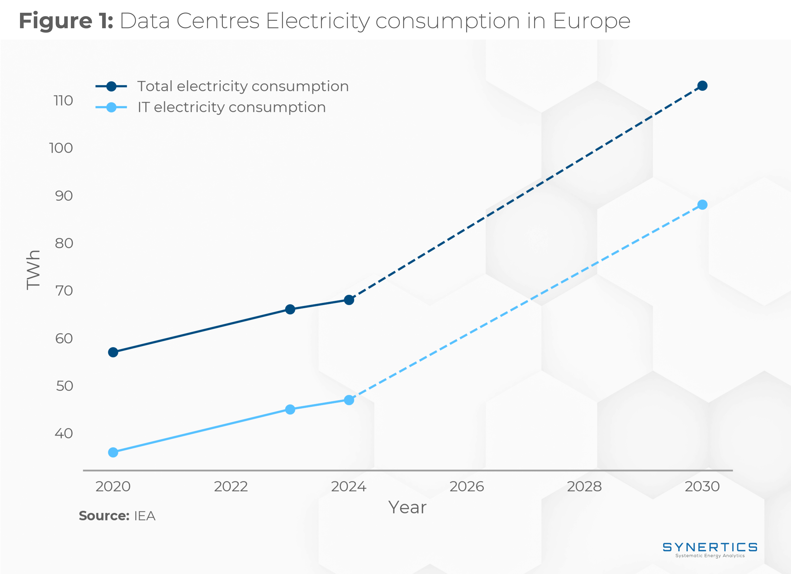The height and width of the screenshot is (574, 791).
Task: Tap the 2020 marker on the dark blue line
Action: coord(113,352)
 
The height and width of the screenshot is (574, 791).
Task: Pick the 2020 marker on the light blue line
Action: coord(113,452)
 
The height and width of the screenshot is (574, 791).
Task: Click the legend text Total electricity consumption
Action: coord(243,86)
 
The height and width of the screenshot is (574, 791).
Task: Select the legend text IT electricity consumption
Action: coord(232,107)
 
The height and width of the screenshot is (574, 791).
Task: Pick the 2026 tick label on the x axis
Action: coord(467,486)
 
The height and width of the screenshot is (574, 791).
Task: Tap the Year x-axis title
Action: coord(407,507)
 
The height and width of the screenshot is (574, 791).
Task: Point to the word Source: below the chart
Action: coord(104,516)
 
